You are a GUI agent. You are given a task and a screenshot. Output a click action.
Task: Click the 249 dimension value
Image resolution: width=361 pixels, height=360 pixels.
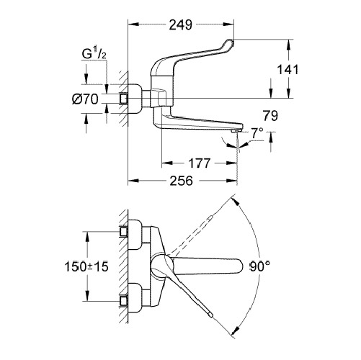[x=181, y=24]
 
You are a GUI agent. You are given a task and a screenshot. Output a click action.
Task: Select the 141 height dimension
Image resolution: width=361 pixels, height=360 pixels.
[x=288, y=70]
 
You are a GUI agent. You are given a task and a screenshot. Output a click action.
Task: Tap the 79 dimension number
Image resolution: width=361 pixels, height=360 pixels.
[x=270, y=116]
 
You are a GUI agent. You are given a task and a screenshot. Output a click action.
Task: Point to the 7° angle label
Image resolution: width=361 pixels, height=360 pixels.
[x=257, y=133]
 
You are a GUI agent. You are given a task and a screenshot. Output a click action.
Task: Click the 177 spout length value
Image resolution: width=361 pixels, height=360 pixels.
[x=200, y=163]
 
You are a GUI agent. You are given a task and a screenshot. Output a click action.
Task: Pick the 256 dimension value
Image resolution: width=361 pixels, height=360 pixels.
[x=182, y=181]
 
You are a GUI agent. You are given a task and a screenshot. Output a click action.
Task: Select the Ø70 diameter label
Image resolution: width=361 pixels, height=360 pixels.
[x=85, y=99]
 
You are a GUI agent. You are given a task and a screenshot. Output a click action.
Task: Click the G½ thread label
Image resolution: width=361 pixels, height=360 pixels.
[x=94, y=54]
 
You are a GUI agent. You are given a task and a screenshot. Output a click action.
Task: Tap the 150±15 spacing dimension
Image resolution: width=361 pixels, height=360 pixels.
[x=86, y=266]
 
